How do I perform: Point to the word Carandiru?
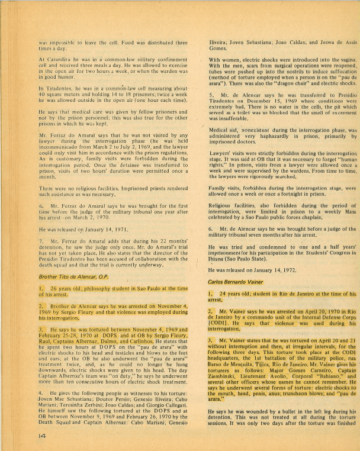63,60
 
